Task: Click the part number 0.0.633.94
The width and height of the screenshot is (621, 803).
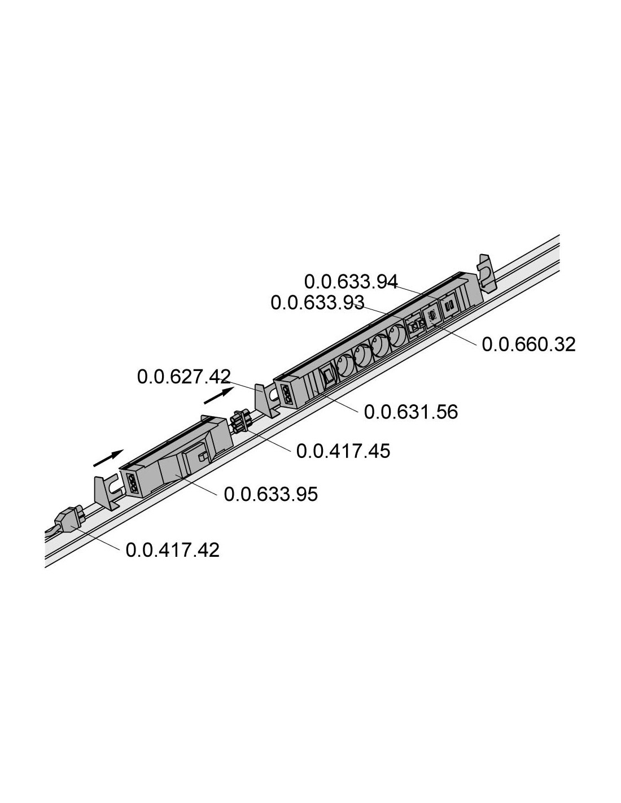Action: point(351,282)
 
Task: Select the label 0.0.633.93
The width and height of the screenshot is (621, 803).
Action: point(317,303)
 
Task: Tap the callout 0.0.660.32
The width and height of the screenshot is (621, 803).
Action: point(528,344)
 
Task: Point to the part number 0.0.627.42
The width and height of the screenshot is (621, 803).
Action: point(183,377)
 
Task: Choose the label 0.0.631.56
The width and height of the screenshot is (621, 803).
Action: point(411,412)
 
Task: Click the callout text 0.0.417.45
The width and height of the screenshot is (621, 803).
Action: point(343,451)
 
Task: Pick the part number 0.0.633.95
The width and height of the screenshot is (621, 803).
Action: point(271,494)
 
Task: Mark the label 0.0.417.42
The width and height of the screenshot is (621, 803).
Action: point(173,550)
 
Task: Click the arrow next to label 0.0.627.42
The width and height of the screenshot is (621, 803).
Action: point(219,396)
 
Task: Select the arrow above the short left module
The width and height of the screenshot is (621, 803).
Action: point(108,458)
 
